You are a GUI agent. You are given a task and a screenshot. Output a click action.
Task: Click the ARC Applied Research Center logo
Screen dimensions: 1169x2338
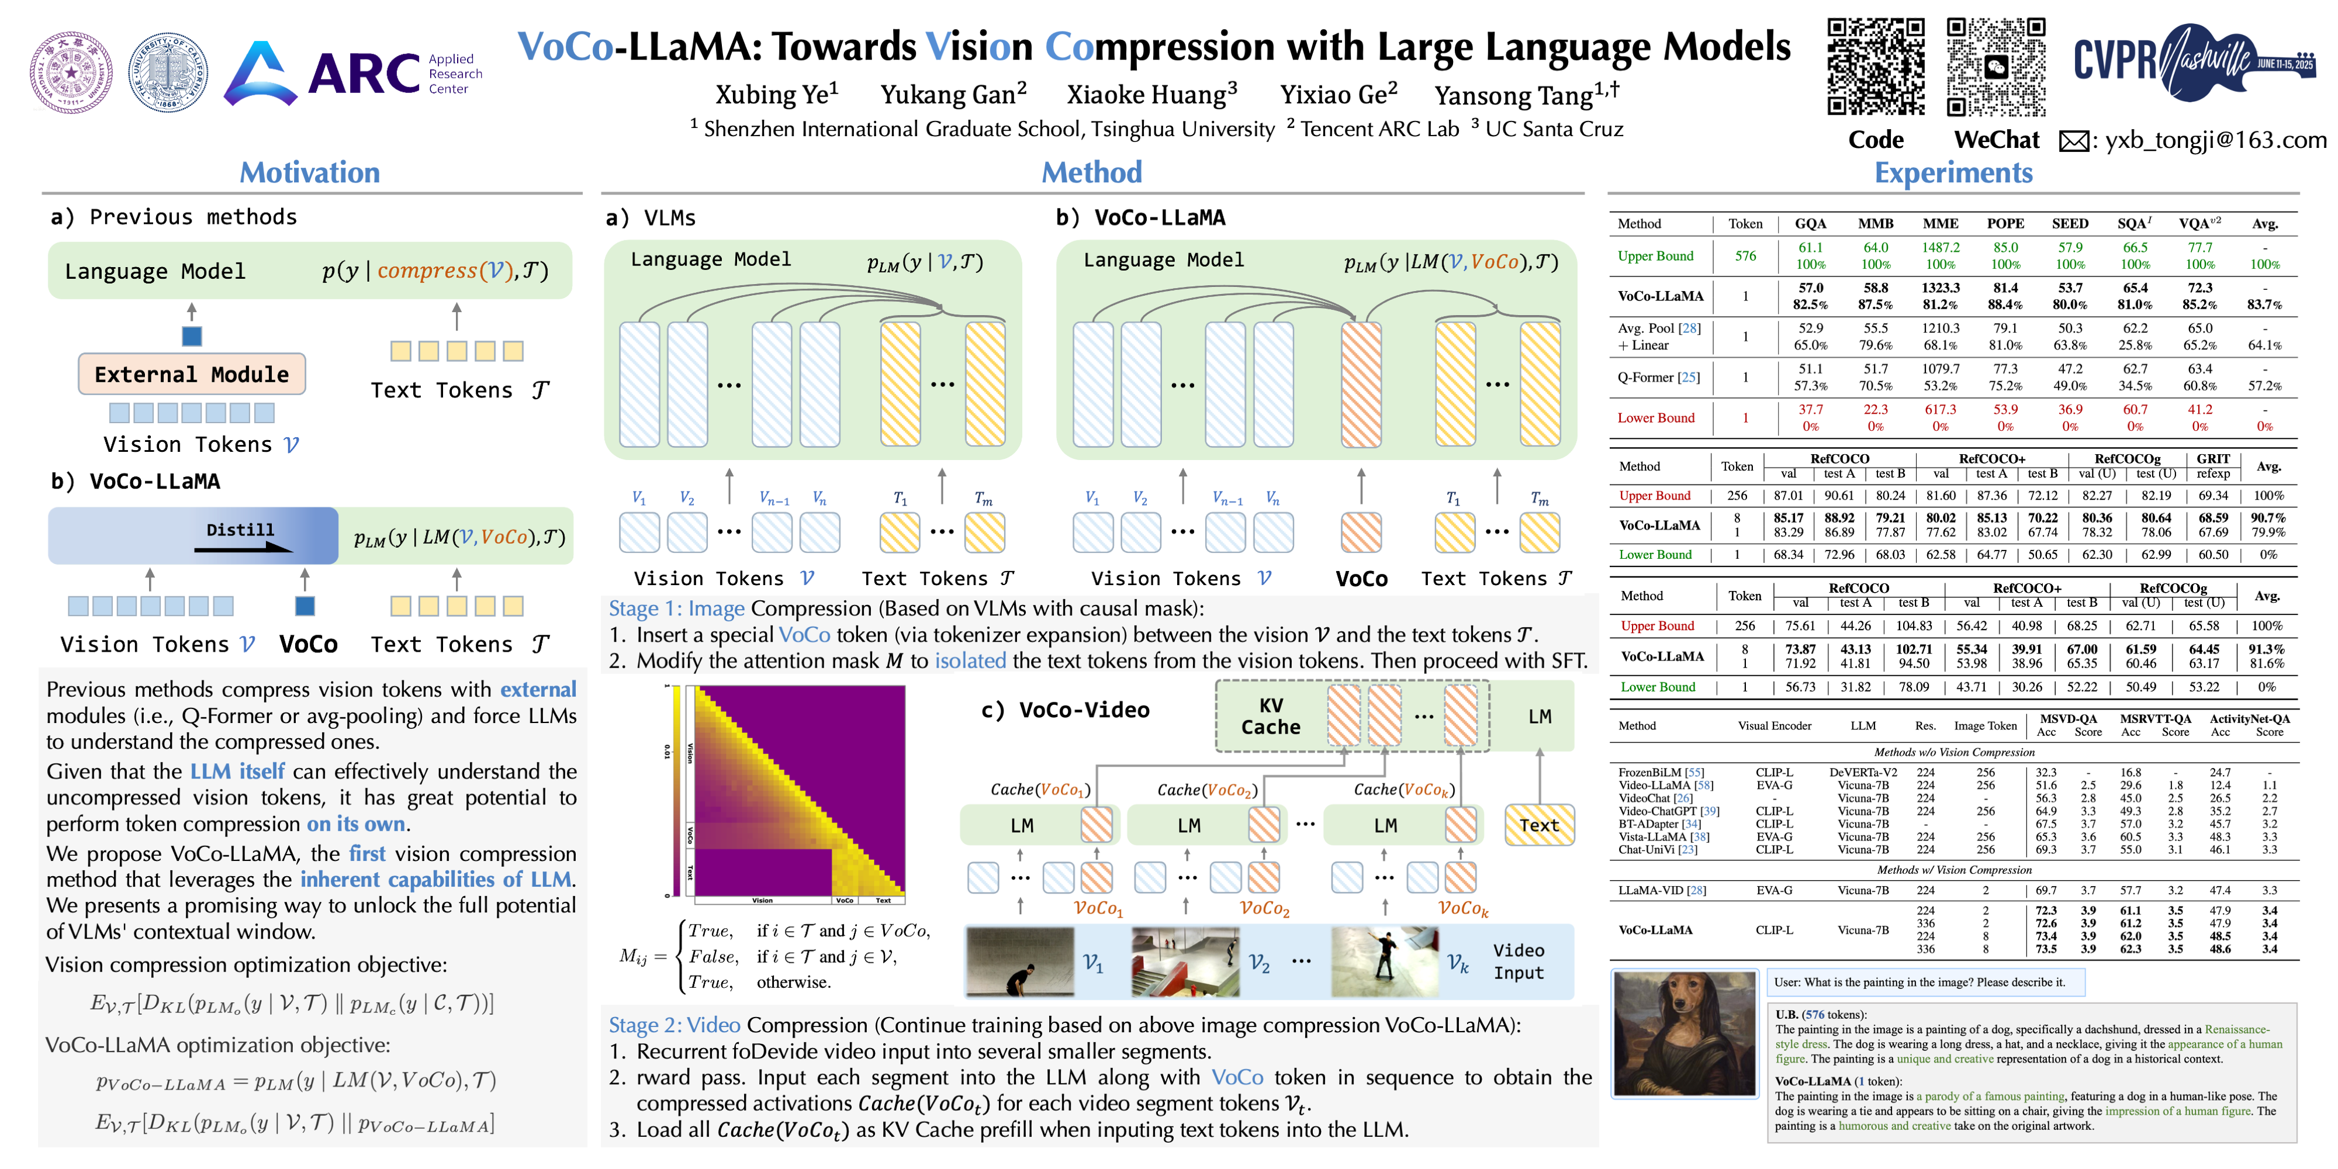click(354, 72)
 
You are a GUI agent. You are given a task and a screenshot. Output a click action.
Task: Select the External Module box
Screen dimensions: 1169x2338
click(192, 374)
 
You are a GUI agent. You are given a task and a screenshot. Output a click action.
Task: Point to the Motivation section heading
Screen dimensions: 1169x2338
click(310, 172)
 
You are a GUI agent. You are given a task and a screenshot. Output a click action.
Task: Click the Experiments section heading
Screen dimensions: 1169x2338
click(1953, 172)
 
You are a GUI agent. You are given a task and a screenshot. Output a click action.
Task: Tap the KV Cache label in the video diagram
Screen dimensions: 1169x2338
click(1271, 716)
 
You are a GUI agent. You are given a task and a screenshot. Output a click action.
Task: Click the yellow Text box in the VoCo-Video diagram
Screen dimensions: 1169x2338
click(1540, 825)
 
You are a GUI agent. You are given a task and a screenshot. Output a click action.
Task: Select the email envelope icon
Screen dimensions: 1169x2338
click(2074, 141)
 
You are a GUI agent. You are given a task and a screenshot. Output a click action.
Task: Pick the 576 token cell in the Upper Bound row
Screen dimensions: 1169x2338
click(1745, 256)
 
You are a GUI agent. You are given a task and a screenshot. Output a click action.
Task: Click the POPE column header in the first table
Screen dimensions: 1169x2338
click(2005, 223)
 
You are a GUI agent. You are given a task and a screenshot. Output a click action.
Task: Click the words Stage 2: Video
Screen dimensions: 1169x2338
click(675, 1025)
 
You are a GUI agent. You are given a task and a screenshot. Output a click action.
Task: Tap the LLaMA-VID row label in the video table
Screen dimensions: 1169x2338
click(1661, 890)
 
